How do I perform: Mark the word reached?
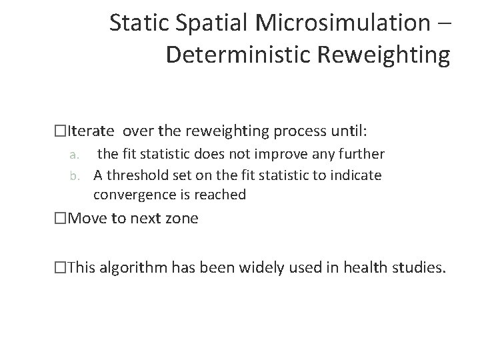(222, 195)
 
